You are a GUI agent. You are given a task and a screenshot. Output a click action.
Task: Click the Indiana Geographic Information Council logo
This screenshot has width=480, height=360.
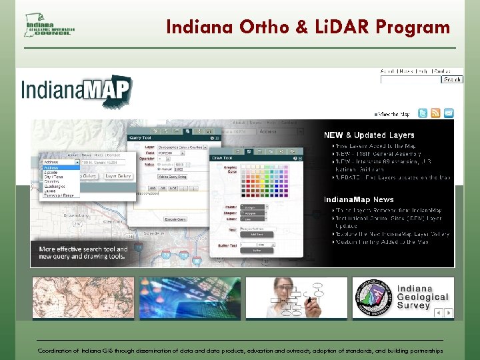click(49, 25)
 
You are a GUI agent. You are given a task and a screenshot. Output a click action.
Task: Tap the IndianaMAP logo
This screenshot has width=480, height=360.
click(77, 91)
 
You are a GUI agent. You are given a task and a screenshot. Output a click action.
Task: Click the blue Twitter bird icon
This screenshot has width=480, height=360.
click(422, 113)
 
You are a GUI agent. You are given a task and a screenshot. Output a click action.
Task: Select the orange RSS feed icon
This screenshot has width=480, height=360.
click(435, 113)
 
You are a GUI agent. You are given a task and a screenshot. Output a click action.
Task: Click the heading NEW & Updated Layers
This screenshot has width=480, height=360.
click(369, 135)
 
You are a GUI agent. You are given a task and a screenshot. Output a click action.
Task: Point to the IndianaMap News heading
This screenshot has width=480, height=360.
click(359, 199)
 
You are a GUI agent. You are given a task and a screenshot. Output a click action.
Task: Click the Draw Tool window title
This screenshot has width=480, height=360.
click(221, 158)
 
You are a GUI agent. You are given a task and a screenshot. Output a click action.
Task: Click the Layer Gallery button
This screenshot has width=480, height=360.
click(119, 177)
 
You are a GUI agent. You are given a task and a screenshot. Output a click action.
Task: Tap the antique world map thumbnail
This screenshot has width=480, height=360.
click(83, 297)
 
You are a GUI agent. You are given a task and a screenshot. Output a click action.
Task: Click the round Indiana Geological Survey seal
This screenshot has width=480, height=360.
click(373, 297)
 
